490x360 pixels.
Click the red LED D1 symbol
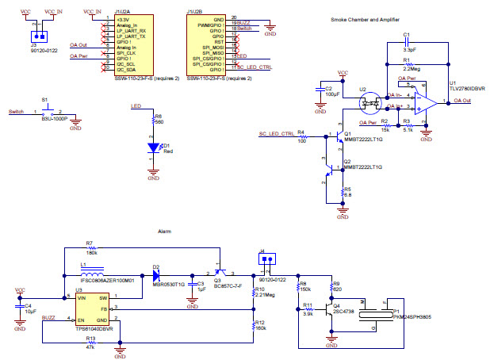tap(154, 147)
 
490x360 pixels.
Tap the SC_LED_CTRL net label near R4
tap(277, 132)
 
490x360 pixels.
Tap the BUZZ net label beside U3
tap(49, 316)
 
